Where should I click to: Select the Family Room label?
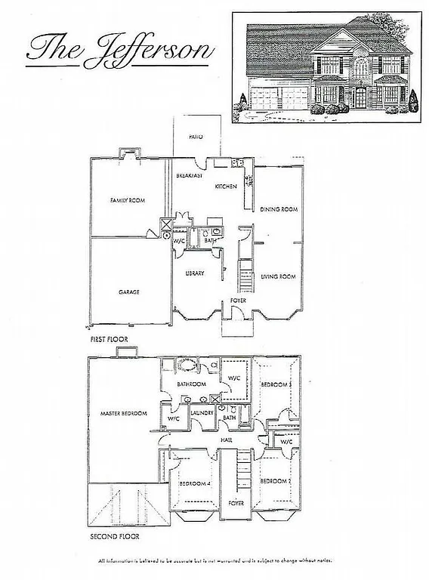tap(127, 200)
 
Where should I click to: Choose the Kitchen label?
tap(226, 186)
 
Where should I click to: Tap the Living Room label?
tap(277, 276)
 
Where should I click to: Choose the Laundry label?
tap(201, 413)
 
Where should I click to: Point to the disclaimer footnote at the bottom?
tap(214, 561)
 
